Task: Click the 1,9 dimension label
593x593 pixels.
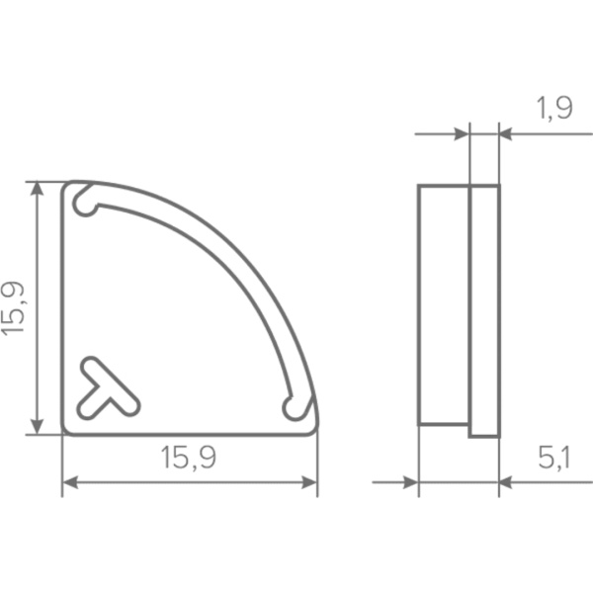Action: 554,108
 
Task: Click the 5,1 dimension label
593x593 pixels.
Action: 553,458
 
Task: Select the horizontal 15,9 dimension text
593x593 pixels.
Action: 189,458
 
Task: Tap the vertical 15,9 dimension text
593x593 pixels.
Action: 13,308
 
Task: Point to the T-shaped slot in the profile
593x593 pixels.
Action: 108,389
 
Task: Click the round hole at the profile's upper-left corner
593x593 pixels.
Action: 85,206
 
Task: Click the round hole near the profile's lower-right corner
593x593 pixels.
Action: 294,409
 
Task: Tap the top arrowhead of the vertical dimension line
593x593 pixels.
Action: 37,189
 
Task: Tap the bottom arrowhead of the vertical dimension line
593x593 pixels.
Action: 37,427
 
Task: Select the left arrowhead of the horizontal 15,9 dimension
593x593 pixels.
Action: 70,482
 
